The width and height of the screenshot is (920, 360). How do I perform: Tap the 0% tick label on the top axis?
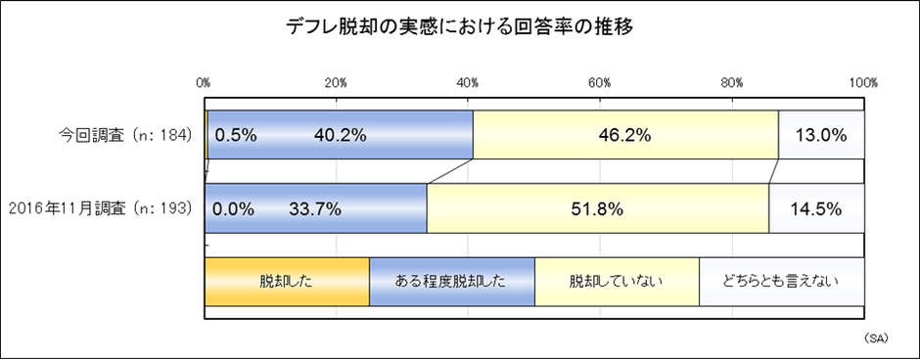coord(205,83)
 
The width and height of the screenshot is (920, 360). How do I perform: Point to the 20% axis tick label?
coord(337,83)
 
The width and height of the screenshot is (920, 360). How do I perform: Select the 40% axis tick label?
coord(469,83)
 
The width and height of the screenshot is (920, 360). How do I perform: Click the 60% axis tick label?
coord(601,83)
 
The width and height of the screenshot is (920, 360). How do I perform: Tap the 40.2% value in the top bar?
coord(340,135)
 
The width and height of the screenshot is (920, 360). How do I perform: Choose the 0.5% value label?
coord(235,135)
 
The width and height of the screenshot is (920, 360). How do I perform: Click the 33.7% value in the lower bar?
coord(315,207)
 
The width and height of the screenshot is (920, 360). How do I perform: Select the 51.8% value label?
coord(597,207)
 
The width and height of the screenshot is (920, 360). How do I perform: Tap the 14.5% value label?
coord(816,207)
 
